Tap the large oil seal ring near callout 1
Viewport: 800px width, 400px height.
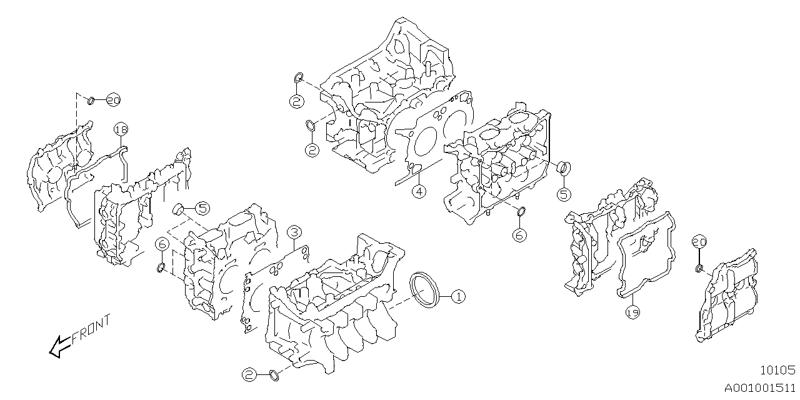tap(425, 289)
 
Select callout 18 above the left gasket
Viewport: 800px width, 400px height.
tap(121, 129)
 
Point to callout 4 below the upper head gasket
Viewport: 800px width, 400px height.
tap(419, 191)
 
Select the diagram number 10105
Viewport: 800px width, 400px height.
tap(777, 370)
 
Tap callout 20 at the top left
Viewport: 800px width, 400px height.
tap(112, 100)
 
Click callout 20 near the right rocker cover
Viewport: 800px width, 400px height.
tap(699, 242)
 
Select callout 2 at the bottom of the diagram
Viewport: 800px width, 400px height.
tap(250, 374)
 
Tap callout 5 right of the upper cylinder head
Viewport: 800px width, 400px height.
tap(563, 194)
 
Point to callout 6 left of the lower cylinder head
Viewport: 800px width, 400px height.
tap(161, 243)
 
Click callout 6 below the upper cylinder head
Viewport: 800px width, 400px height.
tap(519, 235)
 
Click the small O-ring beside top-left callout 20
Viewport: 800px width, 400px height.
tap(91, 99)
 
